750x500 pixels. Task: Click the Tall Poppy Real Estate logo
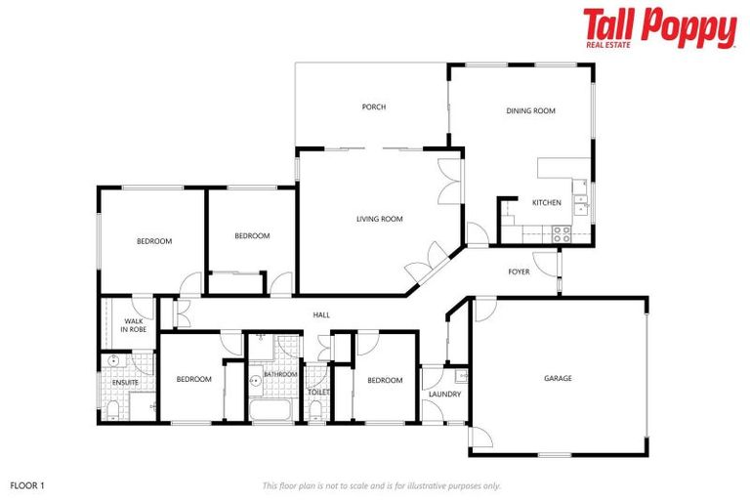[x=659, y=29]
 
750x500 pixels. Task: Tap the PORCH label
[x=373, y=107]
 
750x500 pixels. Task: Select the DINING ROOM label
[x=530, y=111]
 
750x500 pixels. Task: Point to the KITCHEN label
[x=546, y=202]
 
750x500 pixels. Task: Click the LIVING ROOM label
[x=380, y=219]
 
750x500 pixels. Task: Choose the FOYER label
[x=519, y=271]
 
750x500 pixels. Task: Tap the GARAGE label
[x=558, y=378]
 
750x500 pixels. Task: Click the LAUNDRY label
[x=444, y=395]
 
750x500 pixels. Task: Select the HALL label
[x=321, y=314]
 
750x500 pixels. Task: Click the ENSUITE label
[x=125, y=382]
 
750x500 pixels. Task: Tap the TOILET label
[x=318, y=392]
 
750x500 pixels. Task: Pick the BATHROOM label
[x=280, y=374]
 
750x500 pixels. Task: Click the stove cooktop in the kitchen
[x=562, y=234]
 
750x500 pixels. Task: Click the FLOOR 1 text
[x=27, y=484]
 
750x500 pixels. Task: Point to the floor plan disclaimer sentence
[x=381, y=485]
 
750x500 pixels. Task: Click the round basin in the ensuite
[x=113, y=361]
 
